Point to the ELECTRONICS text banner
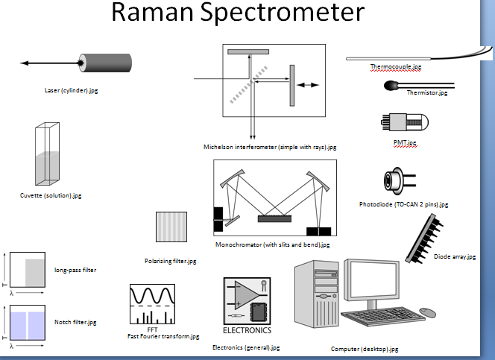click(248, 329)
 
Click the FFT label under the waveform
click(152, 329)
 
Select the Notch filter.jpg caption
click(75, 323)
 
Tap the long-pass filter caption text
click(75, 270)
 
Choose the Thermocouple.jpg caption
click(395, 67)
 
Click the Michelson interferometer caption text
click(270, 148)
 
